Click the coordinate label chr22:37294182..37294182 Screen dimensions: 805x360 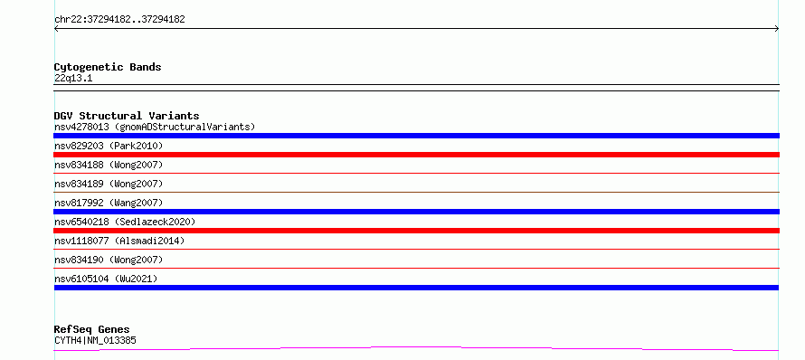[119, 20]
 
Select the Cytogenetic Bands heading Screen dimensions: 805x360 [108, 67]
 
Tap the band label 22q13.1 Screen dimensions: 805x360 [73, 79]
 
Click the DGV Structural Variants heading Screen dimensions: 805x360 [127, 116]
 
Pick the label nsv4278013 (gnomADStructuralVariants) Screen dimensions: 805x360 [155, 127]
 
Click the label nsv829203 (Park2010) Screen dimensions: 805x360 [109, 146]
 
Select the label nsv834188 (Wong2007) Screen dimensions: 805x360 [109, 165]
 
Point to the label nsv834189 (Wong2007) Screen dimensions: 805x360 [109, 184]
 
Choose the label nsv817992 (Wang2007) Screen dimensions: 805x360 [109, 203]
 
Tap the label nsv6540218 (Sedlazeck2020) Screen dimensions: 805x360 [125, 222]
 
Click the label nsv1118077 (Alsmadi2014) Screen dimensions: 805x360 [119, 241]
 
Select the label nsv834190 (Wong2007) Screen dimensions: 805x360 [109, 260]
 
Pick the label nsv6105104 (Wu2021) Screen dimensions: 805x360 [106, 279]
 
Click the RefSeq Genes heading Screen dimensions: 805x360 [92, 329]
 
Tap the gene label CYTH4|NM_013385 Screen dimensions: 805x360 [95, 340]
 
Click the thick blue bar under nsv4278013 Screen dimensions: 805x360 [416, 136]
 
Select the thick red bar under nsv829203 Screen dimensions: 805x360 [416, 155]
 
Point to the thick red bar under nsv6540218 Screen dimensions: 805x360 [416, 231]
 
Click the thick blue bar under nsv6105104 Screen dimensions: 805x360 [416, 288]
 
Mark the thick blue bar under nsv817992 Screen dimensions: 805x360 [416, 212]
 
